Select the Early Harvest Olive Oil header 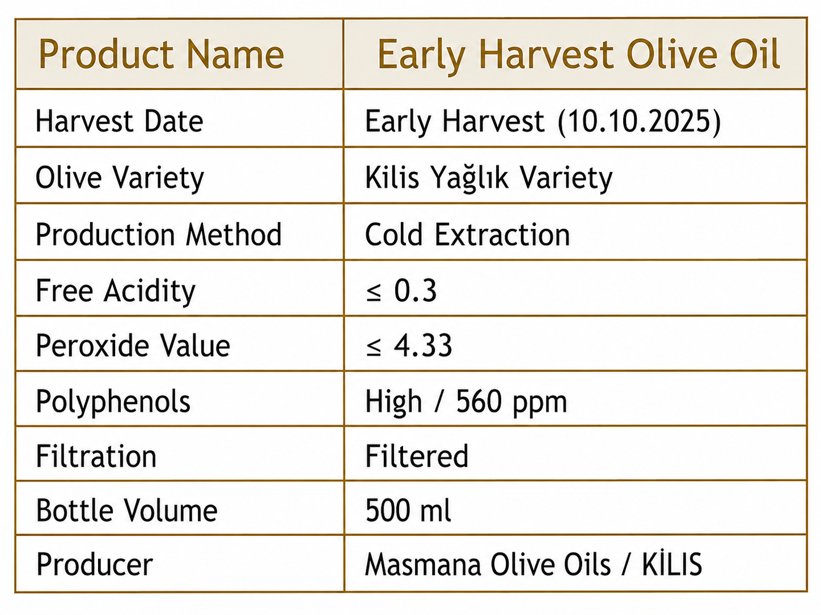(579, 55)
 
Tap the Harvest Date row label (119, 121)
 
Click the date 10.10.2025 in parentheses (639, 121)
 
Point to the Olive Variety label (120, 178)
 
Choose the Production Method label (159, 234)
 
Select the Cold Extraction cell (467, 234)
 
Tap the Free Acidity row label (116, 291)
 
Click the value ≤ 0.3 (401, 291)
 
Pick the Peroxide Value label (133, 346)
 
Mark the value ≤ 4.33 (409, 345)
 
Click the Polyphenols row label (113, 402)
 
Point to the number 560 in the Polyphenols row (479, 402)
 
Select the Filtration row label (96, 455)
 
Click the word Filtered (417, 455)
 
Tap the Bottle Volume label (127, 510)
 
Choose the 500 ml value (408, 510)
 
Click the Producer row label (95, 564)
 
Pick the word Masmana (422, 564)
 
